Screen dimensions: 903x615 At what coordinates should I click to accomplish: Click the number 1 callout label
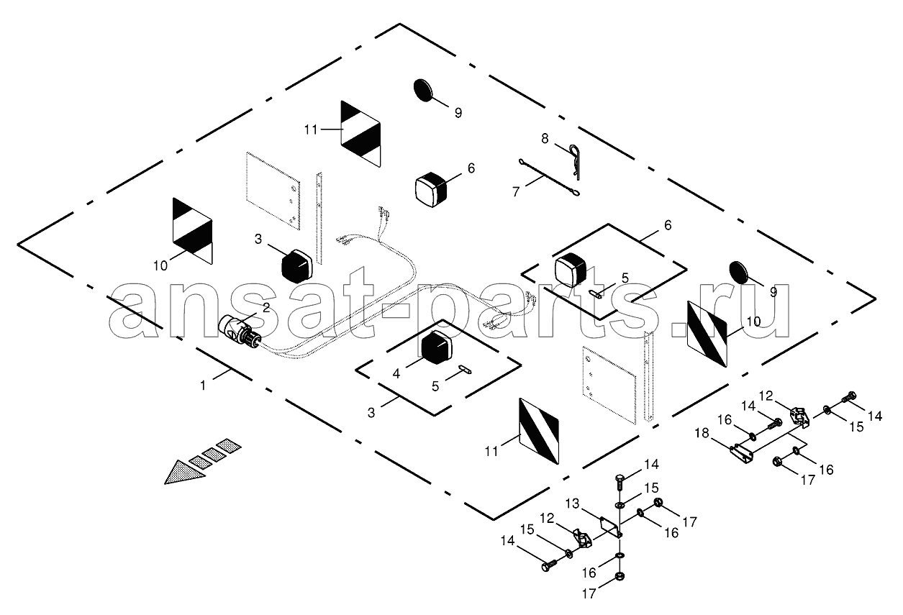[203, 386]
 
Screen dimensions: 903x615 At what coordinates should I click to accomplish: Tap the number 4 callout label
[396, 374]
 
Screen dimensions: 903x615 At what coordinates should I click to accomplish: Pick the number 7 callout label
[517, 191]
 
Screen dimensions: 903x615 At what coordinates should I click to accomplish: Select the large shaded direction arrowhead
[185, 472]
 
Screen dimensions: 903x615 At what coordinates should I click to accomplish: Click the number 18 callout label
[702, 433]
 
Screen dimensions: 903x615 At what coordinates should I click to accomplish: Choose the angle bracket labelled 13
[611, 527]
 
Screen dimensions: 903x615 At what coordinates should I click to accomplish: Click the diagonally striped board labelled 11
[539, 431]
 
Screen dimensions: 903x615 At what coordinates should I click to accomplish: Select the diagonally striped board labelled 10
[707, 334]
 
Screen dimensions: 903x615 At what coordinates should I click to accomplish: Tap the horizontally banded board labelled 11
[360, 134]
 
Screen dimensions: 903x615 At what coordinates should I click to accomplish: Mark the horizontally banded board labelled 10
[193, 231]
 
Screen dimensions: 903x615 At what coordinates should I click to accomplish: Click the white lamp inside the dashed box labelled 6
[572, 270]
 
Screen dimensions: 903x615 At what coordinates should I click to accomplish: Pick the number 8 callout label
[545, 139]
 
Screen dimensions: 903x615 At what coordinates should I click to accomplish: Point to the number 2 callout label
[266, 308]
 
